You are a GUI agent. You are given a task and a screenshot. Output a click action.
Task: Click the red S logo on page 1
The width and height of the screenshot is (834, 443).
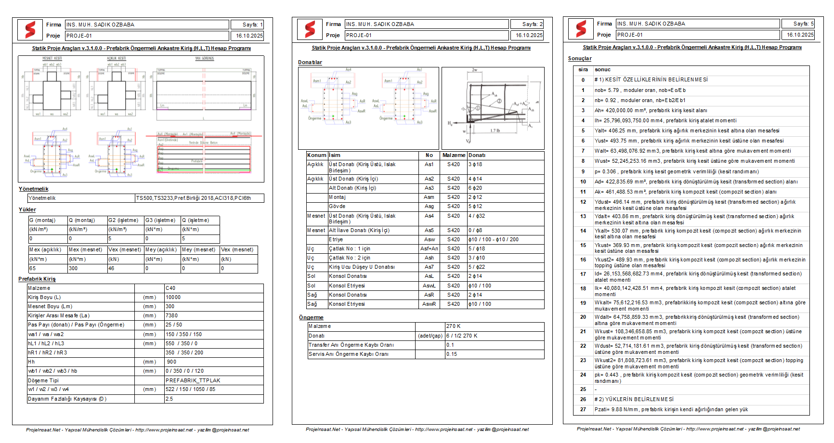[x=30, y=30]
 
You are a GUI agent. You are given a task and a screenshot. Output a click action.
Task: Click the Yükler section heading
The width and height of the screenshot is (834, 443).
[x=27, y=209]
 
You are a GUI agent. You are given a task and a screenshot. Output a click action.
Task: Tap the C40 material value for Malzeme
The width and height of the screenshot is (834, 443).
[x=170, y=288]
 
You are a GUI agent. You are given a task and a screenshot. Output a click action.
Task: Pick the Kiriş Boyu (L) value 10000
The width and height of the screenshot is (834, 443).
[x=173, y=297]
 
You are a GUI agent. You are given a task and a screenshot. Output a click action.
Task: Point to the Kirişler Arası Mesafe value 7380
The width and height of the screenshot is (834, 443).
[x=171, y=315]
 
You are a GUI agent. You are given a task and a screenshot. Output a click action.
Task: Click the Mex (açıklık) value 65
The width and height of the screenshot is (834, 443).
[x=33, y=268]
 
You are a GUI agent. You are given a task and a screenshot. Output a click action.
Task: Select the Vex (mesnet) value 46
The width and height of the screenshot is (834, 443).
[x=111, y=268]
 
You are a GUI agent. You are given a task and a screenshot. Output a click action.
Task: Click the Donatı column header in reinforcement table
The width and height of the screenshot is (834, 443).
[x=477, y=155]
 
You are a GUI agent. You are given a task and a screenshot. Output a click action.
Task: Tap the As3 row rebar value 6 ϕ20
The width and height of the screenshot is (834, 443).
[x=475, y=188]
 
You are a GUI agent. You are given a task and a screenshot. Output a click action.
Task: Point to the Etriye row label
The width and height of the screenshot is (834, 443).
[x=336, y=239]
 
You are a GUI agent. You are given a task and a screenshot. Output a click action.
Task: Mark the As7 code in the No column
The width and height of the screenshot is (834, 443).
[x=429, y=267]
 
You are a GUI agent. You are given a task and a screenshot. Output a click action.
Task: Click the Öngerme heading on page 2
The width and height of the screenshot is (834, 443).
[x=311, y=317]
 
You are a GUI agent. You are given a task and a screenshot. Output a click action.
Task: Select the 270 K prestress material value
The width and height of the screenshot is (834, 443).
[x=454, y=326]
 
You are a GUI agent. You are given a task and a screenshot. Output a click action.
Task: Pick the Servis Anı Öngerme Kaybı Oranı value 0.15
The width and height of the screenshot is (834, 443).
[x=452, y=354]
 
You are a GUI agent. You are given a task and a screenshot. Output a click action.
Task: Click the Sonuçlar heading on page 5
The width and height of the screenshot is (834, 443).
[x=580, y=58]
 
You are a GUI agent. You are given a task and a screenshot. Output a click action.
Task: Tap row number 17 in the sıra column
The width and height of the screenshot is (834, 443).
[x=583, y=274]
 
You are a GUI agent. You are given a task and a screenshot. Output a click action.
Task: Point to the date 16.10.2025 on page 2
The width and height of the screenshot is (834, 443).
[x=529, y=35]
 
